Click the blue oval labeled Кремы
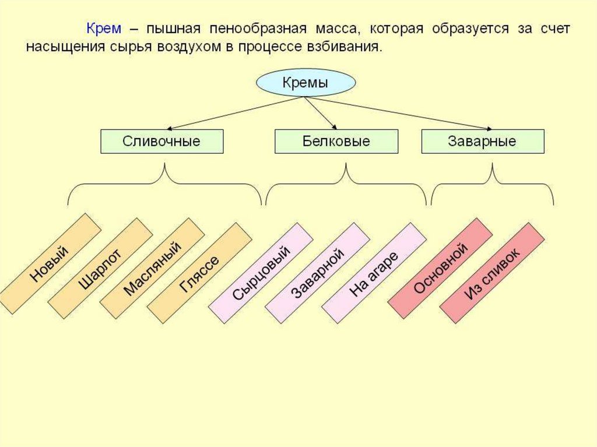coord(305,83)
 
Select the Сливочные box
coord(161,142)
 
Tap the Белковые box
coord(336,142)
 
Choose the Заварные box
coord(482,142)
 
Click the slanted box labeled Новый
coord(49,263)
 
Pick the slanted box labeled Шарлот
coord(100,269)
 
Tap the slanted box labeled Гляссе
coord(199,273)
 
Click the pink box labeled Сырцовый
coord(261,273)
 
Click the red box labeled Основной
coord(440,268)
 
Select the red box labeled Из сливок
coord(491,273)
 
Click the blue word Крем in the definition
coord(104,28)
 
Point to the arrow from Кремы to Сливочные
coord(233,113)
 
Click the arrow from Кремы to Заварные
coord(396,113)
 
